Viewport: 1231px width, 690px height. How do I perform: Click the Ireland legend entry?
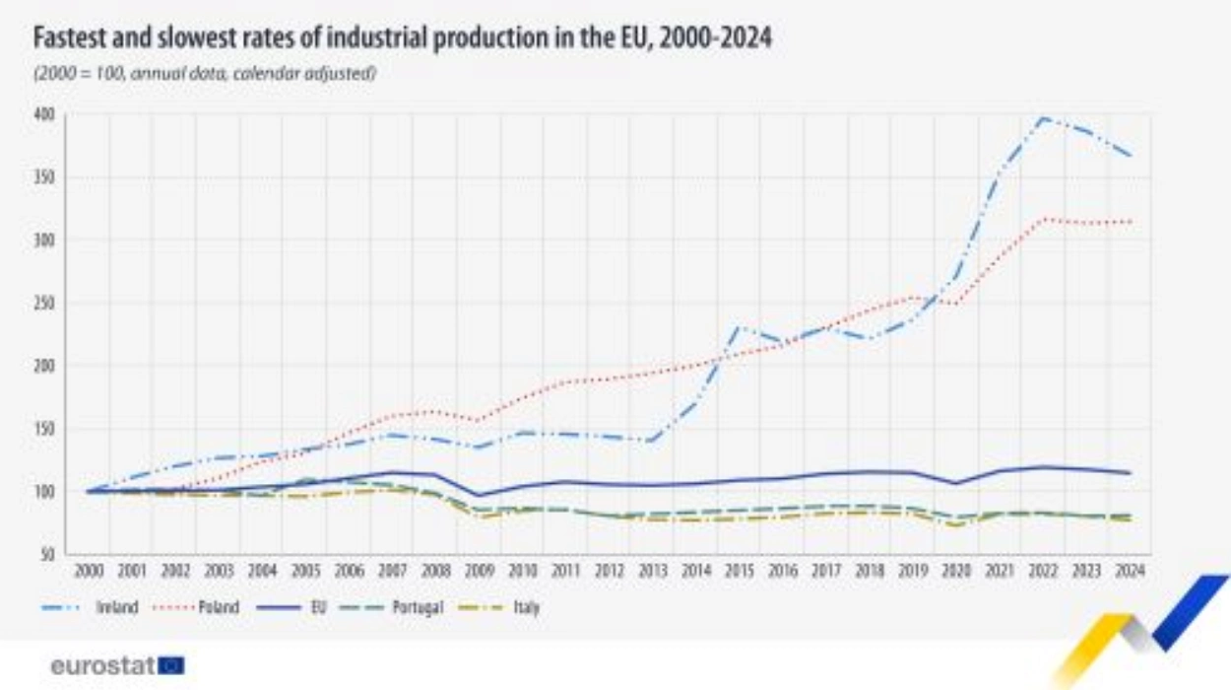pyautogui.click(x=116, y=608)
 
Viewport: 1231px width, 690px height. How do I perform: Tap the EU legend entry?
pyautogui.click(x=318, y=608)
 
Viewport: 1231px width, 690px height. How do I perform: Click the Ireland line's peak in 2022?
pyautogui.click(x=1044, y=117)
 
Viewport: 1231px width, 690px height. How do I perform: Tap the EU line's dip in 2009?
pyautogui.click(x=480, y=496)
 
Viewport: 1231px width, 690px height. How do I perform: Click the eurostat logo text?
pyautogui.click(x=102, y=666)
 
